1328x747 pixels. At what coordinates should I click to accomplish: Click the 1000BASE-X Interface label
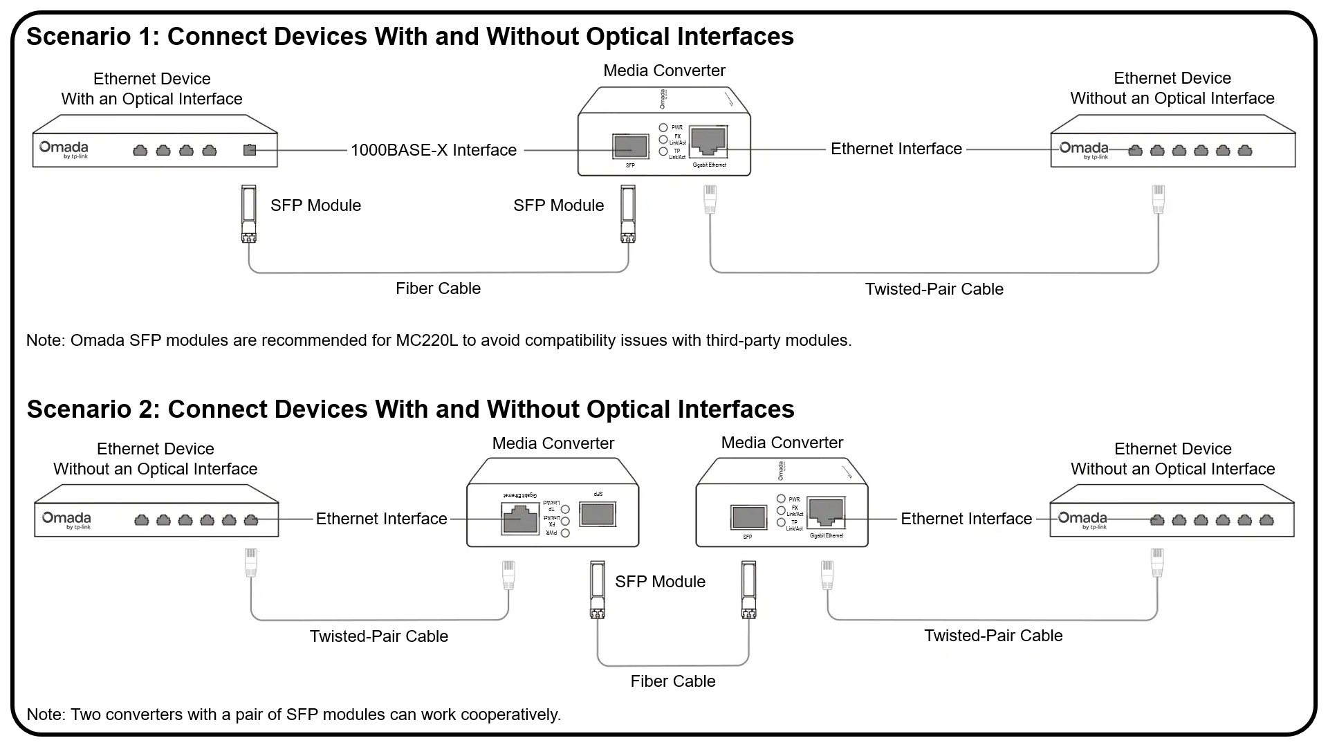point(434,150)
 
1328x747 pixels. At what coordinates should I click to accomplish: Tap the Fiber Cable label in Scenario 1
point(438,288)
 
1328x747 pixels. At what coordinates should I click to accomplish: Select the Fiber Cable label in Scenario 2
point(672,681)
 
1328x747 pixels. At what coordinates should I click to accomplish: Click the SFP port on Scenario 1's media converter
point(629,146)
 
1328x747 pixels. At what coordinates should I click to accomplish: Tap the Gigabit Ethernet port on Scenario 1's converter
point(708,140)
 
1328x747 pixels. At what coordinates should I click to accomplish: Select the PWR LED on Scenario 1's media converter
point(663,127)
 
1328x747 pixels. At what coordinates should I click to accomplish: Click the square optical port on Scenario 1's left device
point(250,150)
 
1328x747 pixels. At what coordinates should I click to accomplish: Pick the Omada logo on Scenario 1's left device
point(64,149)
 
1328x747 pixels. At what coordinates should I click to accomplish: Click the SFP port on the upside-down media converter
point(597,514)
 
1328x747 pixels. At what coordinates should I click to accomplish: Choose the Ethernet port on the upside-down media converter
point(520,518)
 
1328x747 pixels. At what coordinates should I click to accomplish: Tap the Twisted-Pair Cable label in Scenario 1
point(934,289)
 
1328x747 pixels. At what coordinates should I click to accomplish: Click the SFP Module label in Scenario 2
point(660,582)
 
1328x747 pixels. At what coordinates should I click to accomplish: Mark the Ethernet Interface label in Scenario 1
point(896,149)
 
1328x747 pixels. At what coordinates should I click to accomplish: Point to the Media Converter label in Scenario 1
point(664,71)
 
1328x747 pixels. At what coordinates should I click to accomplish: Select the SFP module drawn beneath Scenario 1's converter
point(627,213)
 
